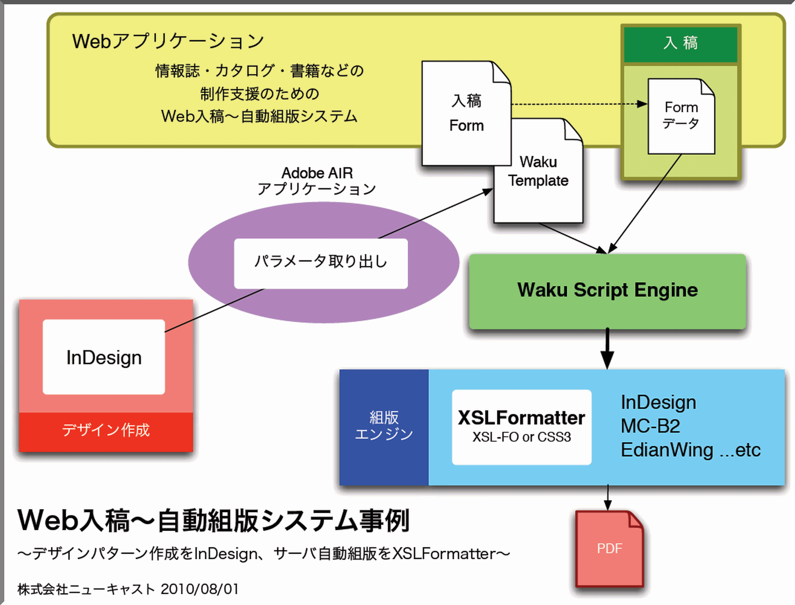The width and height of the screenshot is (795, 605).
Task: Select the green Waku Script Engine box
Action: coord(607,291)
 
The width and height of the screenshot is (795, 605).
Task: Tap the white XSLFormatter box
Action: coord(521,427)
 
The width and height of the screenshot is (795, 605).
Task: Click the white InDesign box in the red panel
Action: coord(104,357)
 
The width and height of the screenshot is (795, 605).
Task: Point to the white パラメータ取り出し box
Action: coord(321,263)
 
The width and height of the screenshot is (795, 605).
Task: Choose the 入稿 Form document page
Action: coord(466,113)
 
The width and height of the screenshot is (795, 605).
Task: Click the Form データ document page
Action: coord(681,116)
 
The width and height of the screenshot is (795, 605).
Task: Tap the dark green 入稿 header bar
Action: coord(681,44)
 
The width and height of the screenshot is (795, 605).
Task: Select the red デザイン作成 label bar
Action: coord(106,431)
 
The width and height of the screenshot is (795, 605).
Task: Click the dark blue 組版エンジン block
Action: coord(384,427)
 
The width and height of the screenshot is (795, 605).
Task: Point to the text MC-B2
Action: coord(650,426)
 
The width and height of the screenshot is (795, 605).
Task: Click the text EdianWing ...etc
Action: coord(690,450)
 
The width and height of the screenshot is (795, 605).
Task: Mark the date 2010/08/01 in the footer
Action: coord(199,589)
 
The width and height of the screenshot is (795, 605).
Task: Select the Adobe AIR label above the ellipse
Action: coord(317,173)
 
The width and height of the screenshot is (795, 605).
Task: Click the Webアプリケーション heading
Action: coord(168,41)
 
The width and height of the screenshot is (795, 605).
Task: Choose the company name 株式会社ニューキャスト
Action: coord(86,589)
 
